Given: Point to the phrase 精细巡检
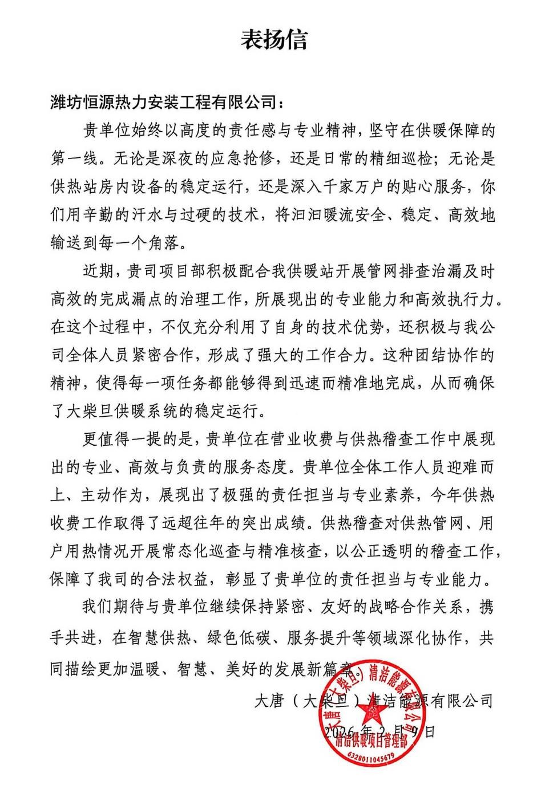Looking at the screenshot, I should [x=395, y=158].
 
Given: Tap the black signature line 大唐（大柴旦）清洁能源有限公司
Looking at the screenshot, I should [x=373, y=699].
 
